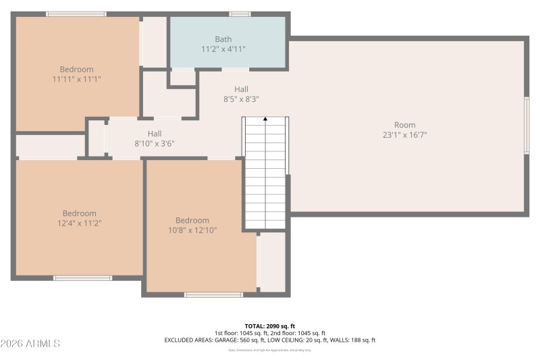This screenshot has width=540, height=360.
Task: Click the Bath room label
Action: tap(223, 39)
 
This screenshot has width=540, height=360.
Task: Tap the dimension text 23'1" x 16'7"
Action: tap(405, 134)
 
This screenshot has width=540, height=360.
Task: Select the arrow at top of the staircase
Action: tap(265, 120)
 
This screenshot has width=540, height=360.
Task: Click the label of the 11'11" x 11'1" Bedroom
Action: tap(76, 70)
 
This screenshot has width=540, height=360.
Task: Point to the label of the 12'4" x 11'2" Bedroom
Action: tap(79, 213)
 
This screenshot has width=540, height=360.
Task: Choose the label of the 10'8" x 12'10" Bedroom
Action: tap(192, 220)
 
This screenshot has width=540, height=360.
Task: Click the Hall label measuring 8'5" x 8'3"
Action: tap(241, 89)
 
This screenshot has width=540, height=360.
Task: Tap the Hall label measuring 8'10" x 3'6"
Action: tap(155, 134)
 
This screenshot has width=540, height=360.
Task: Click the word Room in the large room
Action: tap(405, 124)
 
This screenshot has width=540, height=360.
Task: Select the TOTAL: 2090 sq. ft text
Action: tap(269, 326)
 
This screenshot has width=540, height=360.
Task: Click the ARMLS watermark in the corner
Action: tap(30, 344)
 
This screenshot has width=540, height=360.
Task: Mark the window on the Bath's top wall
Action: tap(240, 14)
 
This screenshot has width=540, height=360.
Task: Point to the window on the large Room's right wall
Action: tap(526, 125)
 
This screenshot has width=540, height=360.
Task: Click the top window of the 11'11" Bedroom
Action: tap(76, 14)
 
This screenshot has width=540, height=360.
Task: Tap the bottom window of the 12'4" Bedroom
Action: tap(82, 278)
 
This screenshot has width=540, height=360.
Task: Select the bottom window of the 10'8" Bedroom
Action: tap(213, 294)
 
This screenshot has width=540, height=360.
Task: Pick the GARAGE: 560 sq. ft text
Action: tap(241, 340)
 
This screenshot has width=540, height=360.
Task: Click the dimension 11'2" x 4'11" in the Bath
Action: tap(223, 49)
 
